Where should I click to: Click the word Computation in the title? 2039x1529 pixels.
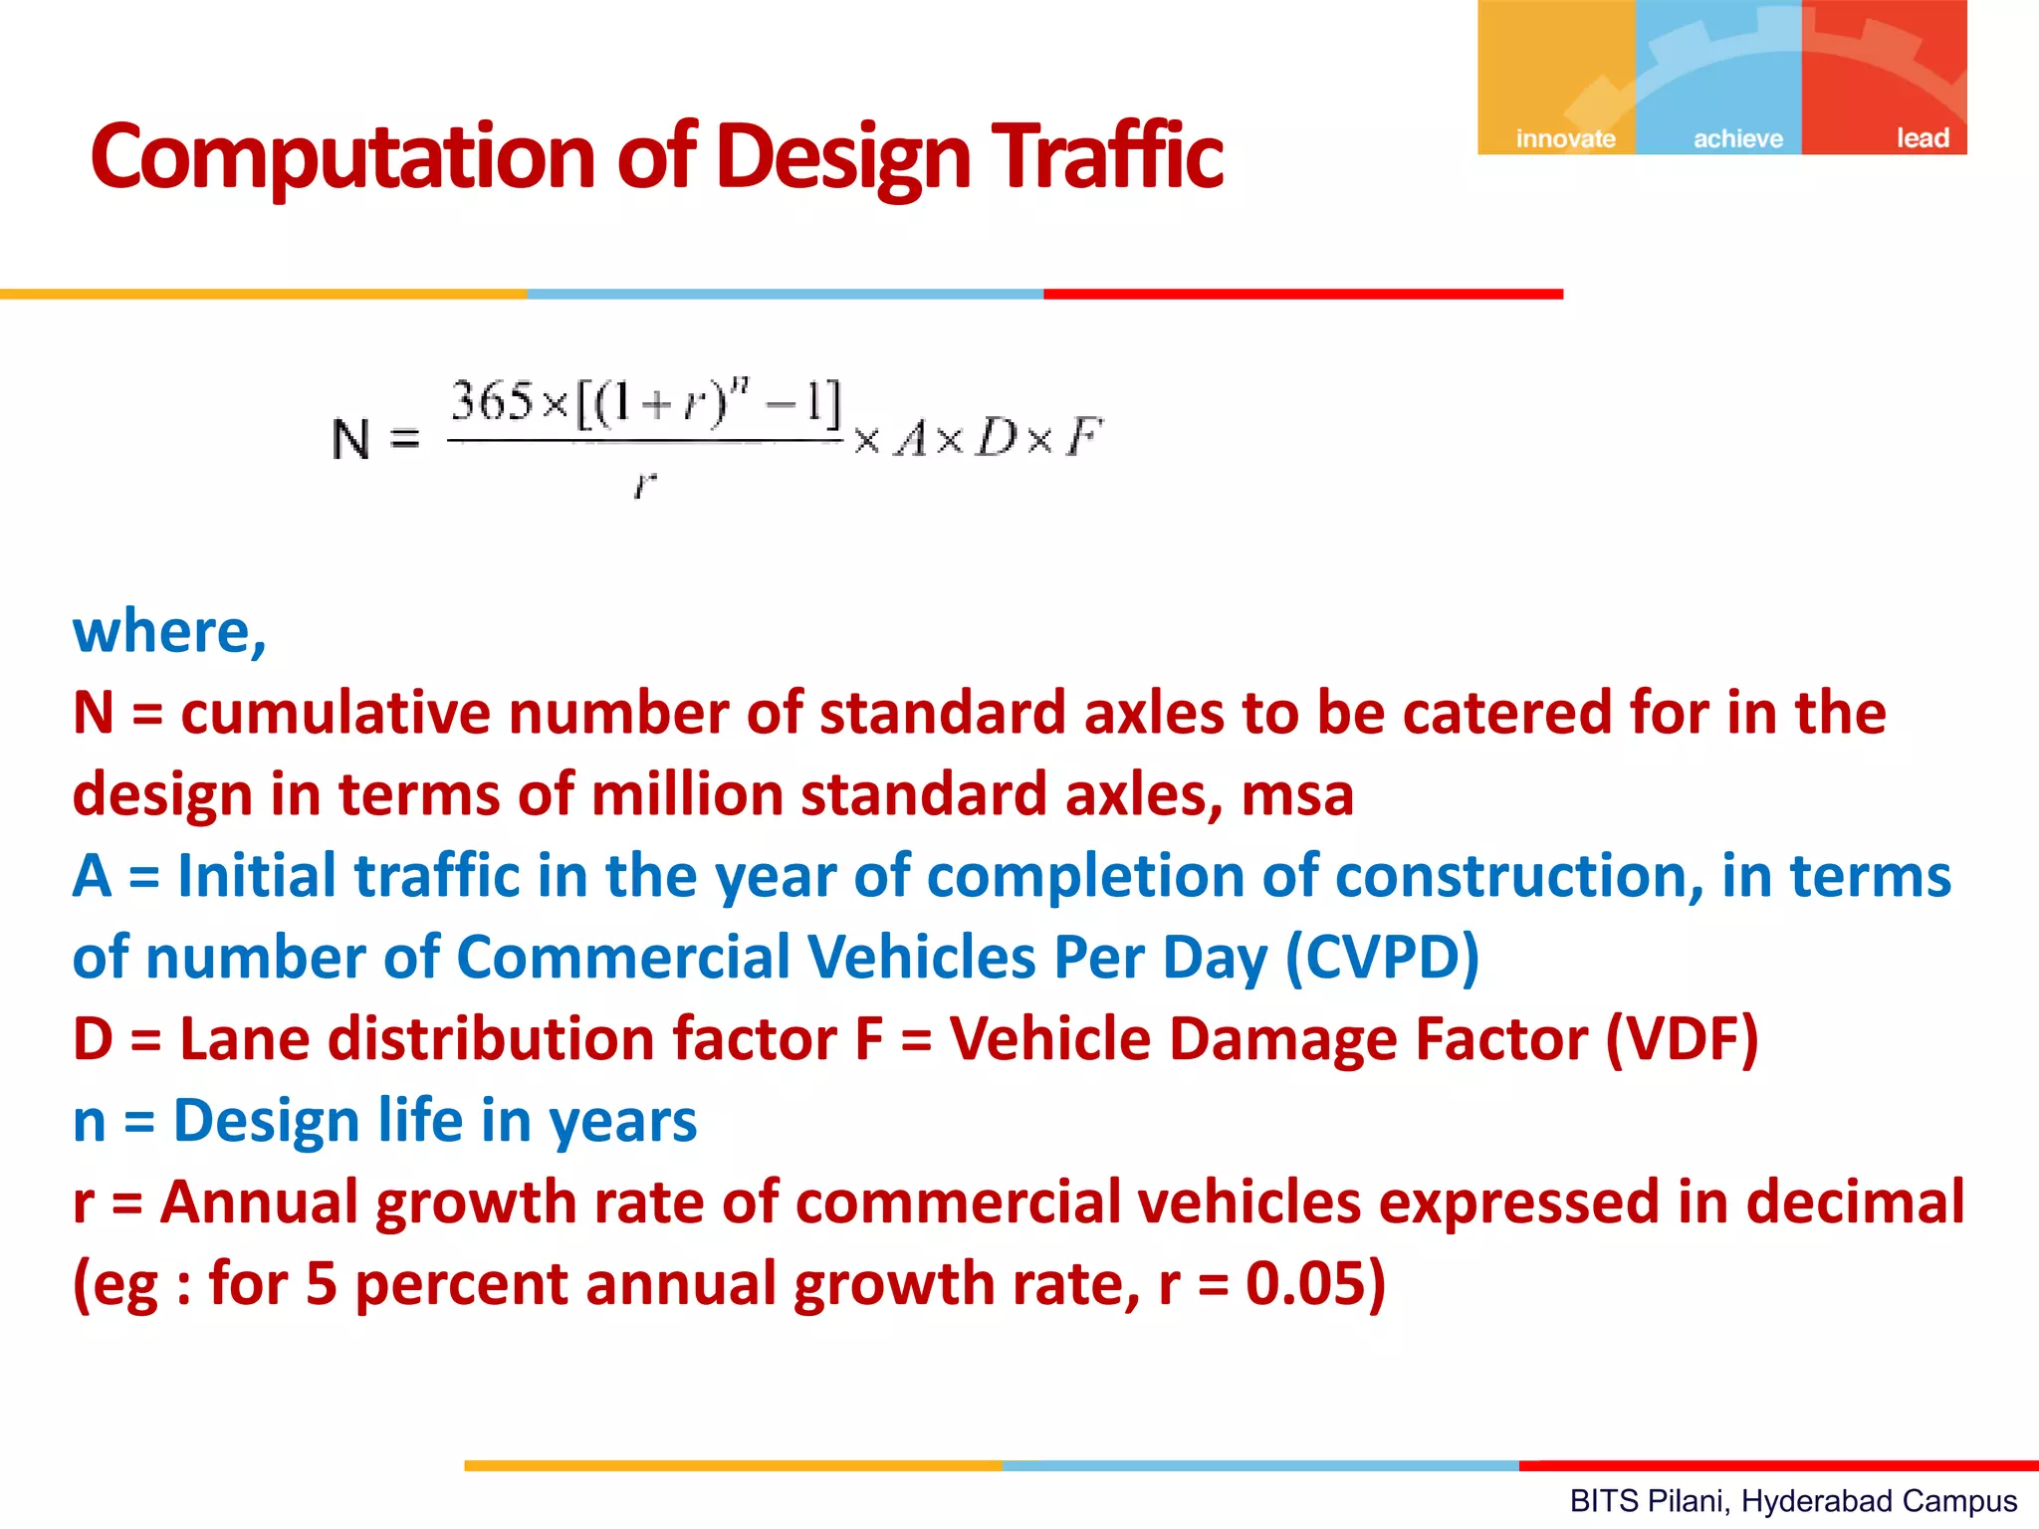343,156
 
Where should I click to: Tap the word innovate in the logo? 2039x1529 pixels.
1565,138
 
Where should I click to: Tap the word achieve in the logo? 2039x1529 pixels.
1738,138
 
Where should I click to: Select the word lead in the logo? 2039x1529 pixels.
1922,137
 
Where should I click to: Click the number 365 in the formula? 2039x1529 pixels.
493,401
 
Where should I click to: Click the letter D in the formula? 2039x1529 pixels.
996,437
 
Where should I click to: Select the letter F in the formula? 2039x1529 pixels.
1083,437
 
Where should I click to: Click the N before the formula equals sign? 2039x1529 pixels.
350,439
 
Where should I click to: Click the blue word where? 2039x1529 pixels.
169,632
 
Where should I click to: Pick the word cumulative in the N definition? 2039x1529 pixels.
336,713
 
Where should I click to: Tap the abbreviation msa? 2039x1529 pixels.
1297,794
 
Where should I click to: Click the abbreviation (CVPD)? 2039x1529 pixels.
1382,958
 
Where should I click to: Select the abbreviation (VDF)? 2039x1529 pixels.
1682,1039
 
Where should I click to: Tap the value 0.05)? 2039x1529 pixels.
1315,1283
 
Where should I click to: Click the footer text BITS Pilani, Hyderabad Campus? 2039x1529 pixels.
1793,1500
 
